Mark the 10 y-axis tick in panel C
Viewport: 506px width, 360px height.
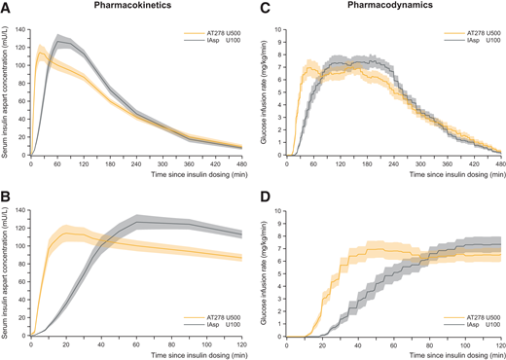pyautogui.click(x=281, y=29)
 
